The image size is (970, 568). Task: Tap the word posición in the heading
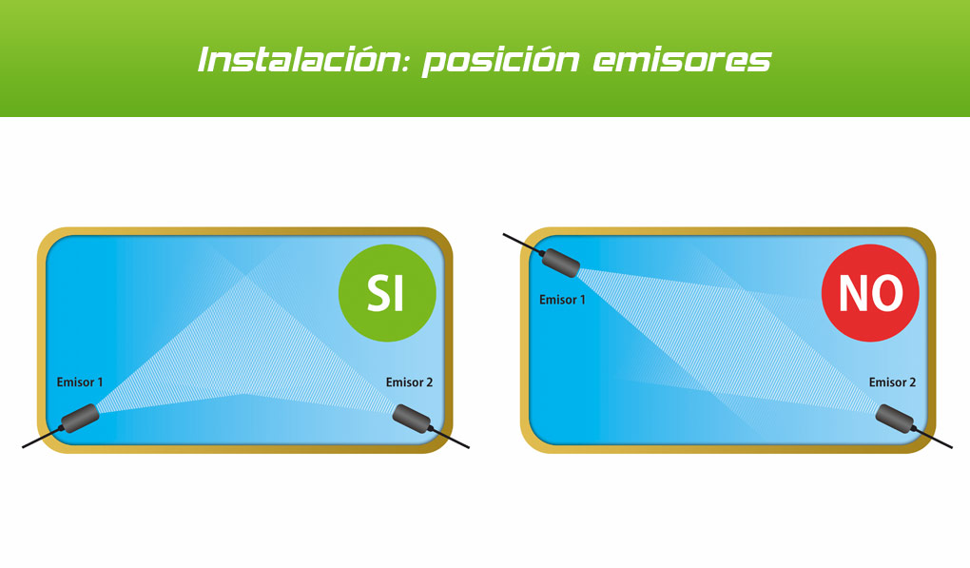pos(501,61)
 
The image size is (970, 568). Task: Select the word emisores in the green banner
pos(683,61)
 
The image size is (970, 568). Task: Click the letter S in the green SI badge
pos(378,292)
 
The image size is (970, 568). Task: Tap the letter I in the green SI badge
pos(398,293)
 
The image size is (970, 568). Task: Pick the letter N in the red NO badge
pos(854,293)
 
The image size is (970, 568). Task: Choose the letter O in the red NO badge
pos(888,293)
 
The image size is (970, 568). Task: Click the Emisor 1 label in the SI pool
pos(80,382)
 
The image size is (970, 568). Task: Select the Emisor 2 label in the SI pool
pos(410,382)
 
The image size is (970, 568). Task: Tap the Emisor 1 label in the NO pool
pos(562,300)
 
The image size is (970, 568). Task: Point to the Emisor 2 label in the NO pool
pos(892,382)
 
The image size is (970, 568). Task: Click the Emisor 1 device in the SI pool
pos(80,419)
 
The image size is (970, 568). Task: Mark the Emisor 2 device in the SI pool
pos(412,419)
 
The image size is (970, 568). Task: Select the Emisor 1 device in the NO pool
pos(561,263)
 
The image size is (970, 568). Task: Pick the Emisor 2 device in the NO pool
pos(895,419)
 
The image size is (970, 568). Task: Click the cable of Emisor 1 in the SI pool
pos(42,437)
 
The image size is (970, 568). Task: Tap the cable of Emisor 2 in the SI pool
pos(450,437)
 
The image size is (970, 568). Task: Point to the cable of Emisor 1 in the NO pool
pos(523,244)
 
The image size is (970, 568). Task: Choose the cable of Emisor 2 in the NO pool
pos(933,437)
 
